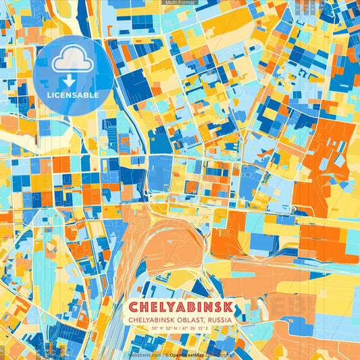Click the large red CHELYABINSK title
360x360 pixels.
[180, 307]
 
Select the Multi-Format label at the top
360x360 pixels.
[180, 3]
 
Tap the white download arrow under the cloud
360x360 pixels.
[69, 80]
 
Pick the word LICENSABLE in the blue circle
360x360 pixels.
[73, 95]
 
